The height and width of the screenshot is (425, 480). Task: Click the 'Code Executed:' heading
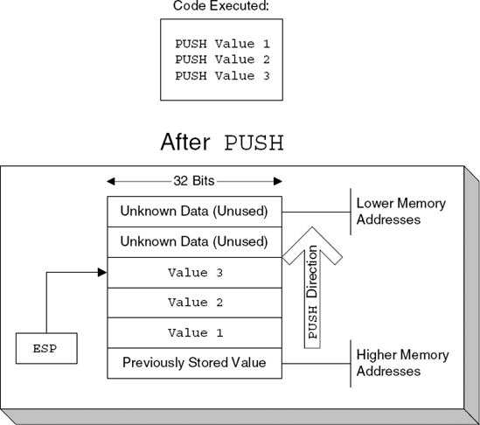tap(222, 7)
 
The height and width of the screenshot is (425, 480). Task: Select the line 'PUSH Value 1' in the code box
tap(223, 43)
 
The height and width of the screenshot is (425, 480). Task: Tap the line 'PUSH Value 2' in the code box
tap(223, 59)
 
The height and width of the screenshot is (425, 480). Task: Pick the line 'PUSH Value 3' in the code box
tap(223, 75)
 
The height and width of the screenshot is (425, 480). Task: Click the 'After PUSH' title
tap(223, 143)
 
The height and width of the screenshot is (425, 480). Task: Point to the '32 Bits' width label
tap(194, 181)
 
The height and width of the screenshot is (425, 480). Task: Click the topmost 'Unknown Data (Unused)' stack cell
tap(194, 211)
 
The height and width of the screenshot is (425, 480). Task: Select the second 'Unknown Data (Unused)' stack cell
tap(194, 241)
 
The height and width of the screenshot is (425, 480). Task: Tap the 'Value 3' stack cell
tap(194, 272)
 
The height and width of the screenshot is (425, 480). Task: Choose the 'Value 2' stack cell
tap(194, 303)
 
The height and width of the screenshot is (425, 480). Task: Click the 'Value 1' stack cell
tap(194, 333)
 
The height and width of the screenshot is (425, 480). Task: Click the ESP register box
tap(45, 349)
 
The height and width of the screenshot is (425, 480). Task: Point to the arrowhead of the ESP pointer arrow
tap(102, 272)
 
